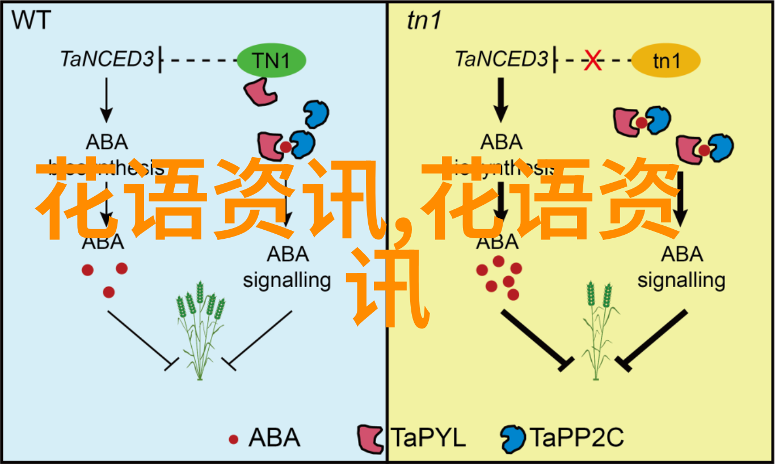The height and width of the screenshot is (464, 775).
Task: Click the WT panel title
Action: click(x=31, y=21)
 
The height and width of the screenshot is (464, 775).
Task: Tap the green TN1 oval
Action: click(x=272, y=61)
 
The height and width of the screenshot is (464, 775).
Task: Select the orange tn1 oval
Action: click(x=666, y=61)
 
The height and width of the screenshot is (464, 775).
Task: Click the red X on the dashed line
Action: click(x=593, y=61)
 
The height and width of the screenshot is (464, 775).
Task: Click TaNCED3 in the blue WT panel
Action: click(x=107, y=59)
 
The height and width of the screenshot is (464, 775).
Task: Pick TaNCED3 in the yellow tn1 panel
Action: click(x=502, y=59)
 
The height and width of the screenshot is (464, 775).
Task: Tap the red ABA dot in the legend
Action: click(x=233, y=438)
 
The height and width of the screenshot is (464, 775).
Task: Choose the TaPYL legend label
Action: click(x=428, y=438)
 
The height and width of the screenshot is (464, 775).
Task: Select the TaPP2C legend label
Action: click(x=576, y=438)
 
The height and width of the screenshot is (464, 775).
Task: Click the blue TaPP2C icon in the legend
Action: click(x=512, y=439)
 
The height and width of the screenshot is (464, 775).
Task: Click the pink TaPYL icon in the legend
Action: click(x=371, y=439)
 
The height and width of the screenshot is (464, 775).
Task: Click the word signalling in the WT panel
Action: click(x=287, y=280)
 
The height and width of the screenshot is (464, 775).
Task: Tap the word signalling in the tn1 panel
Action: click(x=681, y=280)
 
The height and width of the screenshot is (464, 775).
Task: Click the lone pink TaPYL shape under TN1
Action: click(x=259, y=91)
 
